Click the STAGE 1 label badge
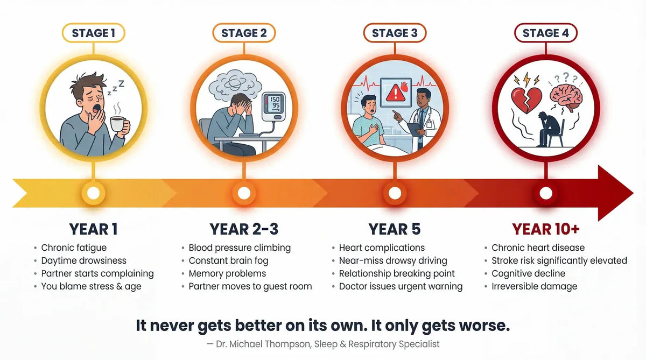(x=94, y=33)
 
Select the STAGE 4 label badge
(x=546, y=33)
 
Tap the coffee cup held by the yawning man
(x=120, y=124)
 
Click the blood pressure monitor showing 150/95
(x=273, y=107)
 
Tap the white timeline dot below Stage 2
(x=244, y=193)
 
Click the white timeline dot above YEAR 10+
(x=546, y=193)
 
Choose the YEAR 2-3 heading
(x=244, y=229)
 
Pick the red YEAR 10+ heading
(x=546, y=229)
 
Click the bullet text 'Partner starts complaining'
(x=97, y=273)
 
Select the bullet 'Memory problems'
(x=227, y=273)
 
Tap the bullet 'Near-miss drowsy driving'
(x=393, y=260)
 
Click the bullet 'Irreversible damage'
(x=535, y=286)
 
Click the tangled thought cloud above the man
(x=235, y=83)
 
